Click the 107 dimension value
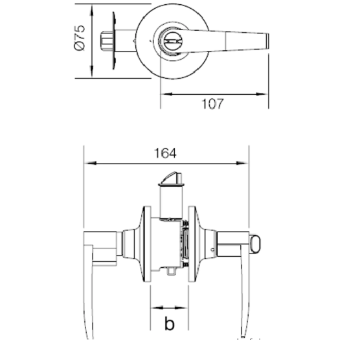pyautogui.click(x=212, y=104)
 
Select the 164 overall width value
pyautogui.click(x=165, y=154)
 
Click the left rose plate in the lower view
pyautogui.click(x=147, y=244)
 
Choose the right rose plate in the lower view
pyautogui.click(x=192, y=244)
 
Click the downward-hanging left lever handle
pyautogui.click(x=88, y=293)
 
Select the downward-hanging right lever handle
pyautogui.click(x=245, y=293)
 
